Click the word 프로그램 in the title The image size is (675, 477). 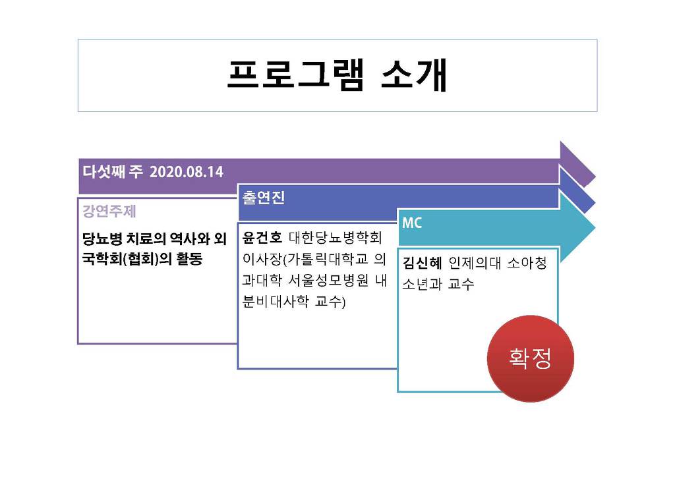pos(296,75)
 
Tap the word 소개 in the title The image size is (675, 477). pos(415,75)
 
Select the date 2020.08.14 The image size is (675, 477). pos(187,172)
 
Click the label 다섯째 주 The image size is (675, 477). pos(113,171)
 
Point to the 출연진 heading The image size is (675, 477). pos(264,198)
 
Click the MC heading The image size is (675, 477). pos(412,223)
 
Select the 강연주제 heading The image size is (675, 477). pos(109,211)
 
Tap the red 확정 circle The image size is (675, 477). pos(531,358)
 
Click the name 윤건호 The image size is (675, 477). pos(262,237)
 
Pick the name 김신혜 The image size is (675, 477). pos(423,263)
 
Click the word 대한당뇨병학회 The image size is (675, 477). pos(336,237)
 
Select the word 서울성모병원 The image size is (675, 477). pos(328,281)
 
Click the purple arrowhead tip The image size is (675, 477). pos(595,176)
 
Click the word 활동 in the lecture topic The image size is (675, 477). pos(189,258)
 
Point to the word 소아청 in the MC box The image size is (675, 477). pos(527,263)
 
